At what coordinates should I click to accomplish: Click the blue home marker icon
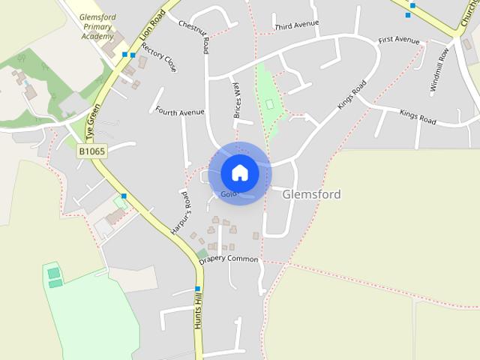pyautogui.click(x=240, y=173)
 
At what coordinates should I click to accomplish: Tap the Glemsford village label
pyautogui.click(x=312, y=194)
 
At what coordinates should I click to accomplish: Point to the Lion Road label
pyautogui.click(x=151, y=27)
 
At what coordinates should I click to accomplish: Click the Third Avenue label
pyautogui.click(x=297, y=25)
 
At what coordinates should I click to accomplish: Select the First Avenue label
pyautogui.click(x=399, y=40)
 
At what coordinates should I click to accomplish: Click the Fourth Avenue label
pyautogui.click(x=180, y=112)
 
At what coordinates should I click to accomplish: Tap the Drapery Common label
pyautogui.click(x=229, y=260)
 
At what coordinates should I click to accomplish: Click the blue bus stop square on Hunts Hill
pyautogui.click(x=198, y=289)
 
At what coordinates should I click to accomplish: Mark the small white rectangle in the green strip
pyautogui.click(x=269, y=103)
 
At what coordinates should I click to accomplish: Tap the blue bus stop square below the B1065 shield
pyautogui.click(x=124, y=196)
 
